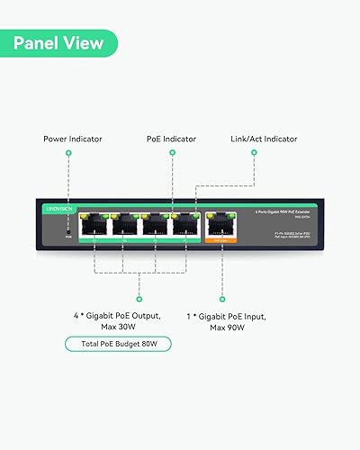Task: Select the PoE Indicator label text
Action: pos(172,139)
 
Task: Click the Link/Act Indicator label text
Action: pos(262,139)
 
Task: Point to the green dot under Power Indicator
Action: pos(68,154)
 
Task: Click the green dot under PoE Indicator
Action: pos(172,154)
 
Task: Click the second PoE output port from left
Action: pos(125,226)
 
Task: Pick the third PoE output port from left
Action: pos(156,226)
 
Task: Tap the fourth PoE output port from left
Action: pos(186,226)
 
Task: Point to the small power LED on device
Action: pos(67,233)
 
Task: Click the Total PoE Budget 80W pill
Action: pos(117,343)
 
